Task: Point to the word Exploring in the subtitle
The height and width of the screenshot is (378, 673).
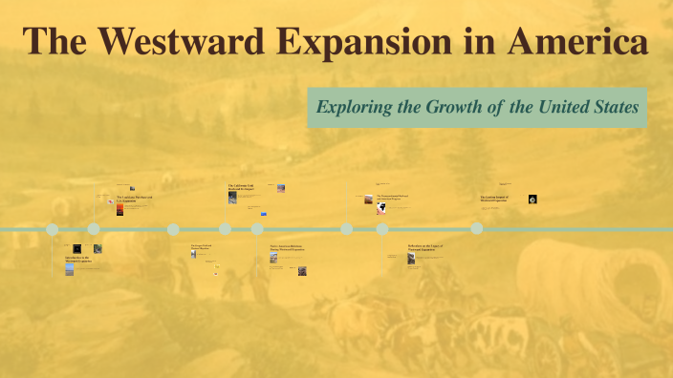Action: coord(359,107)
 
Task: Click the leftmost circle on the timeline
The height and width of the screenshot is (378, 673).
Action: coord(53,229)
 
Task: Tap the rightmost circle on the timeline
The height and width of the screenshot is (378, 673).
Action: coord(476,228)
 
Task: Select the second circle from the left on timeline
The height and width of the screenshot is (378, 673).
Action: coord(94,229)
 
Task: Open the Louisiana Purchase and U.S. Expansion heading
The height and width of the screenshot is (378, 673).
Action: coord(134,199)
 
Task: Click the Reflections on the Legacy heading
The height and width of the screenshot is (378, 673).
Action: coord(424,248)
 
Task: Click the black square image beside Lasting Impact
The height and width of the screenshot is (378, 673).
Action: coord(532,199)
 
